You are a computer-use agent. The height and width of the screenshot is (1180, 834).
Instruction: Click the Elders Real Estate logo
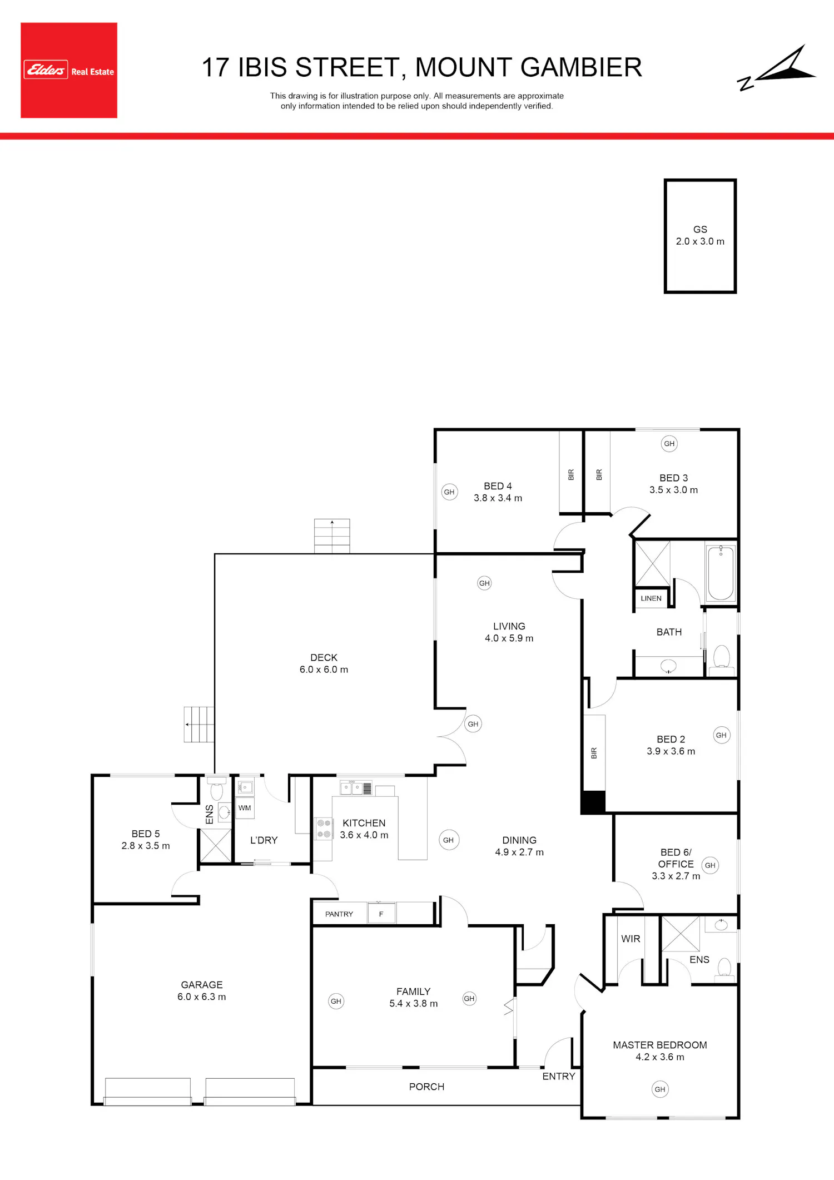(69, 70)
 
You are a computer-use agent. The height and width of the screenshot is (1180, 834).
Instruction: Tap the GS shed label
(700, 229)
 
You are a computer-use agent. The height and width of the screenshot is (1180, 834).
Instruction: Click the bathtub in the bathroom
(721, 572)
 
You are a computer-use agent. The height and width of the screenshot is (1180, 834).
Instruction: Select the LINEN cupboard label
(651, 598)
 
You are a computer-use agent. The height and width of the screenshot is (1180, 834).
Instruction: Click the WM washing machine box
(245, 808)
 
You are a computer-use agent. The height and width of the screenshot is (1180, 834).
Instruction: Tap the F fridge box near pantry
(381, 914)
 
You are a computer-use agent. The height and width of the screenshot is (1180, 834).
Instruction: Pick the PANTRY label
(339, 914)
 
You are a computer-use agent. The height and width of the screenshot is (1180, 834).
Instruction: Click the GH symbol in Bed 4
(449, 492)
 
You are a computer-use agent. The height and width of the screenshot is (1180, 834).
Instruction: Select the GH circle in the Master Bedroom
(660, 1089)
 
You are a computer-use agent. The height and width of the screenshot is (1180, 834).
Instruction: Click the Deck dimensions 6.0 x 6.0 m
(324, 670)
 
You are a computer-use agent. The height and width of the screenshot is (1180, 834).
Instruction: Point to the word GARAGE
(202, 985)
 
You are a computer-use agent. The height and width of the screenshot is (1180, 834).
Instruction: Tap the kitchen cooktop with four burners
(324, 829)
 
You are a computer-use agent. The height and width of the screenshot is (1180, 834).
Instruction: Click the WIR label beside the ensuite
(631, 939)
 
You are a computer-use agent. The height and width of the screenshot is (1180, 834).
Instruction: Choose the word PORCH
(427, 1087)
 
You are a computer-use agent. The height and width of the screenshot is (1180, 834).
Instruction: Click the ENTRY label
(559, 1077)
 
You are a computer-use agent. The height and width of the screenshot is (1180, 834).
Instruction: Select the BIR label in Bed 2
(594, 753)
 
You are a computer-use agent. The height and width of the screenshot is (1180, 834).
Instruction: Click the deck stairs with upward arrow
(332, 536)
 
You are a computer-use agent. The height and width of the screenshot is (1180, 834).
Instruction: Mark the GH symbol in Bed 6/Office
(710, 865)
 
